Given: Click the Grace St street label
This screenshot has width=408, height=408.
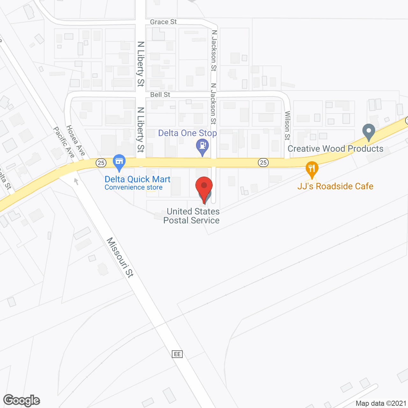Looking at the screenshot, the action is pos(163,22).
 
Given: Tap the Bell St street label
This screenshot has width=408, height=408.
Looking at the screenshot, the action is pos(160,95).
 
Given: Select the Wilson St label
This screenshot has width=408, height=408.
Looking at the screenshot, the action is pos(288,125).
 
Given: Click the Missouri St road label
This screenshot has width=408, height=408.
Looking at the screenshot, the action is pos(120,257).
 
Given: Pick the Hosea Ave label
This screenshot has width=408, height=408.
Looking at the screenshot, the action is pos(76,141).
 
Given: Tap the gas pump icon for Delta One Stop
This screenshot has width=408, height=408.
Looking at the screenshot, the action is pos(202,146).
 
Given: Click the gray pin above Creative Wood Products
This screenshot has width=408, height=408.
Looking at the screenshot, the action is pos(369,131).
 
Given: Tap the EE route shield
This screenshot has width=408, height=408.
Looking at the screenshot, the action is pos(177,354).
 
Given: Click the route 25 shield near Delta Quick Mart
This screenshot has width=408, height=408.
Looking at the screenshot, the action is pos(101,163).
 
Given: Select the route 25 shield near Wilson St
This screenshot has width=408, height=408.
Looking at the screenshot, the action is pos(263,163).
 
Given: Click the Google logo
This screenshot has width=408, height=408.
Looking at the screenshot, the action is pos(22,400).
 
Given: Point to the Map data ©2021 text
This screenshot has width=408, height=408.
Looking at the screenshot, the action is pos(381,403).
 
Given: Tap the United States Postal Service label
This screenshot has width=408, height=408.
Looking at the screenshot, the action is pos(192,216).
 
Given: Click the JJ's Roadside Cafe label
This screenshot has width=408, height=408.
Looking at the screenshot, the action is pos(335,186).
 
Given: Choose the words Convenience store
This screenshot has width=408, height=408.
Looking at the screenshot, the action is pos(134,187).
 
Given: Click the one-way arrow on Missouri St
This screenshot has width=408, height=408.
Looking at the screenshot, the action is pos(76,181).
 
